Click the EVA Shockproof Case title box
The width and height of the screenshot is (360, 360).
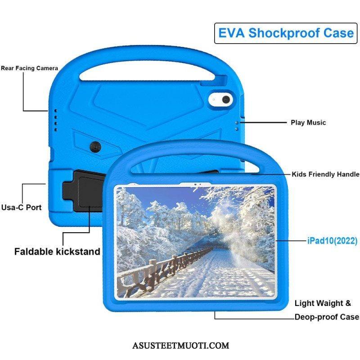click(286, 33)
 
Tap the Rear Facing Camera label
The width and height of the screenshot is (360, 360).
click(29, 68)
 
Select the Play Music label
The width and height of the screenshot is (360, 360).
click(308, 122)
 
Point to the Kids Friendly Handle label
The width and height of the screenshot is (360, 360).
click(325, 174)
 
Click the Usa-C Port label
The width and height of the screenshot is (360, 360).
click(21, 207)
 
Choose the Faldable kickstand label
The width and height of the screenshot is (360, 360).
click(57, 252)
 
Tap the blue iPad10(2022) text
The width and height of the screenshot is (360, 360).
click(332, 241)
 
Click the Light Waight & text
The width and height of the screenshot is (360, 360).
click(323, 303)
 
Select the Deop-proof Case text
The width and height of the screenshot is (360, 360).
click(327, 317)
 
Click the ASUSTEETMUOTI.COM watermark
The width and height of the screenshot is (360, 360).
click(181, 346)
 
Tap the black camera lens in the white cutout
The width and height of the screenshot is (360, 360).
click(226, 99)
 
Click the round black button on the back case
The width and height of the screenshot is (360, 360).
click(95, 147)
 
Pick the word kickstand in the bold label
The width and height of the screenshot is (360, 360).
click(78, 252)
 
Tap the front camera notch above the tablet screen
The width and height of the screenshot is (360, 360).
click(195, 184)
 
